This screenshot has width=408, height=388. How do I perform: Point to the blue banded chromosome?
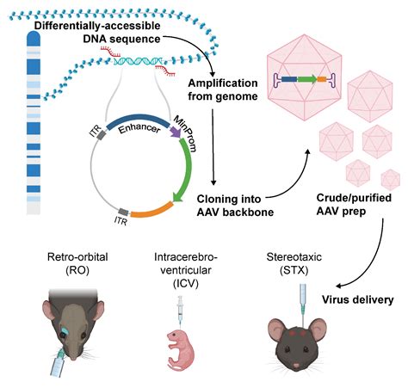(33, 138)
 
